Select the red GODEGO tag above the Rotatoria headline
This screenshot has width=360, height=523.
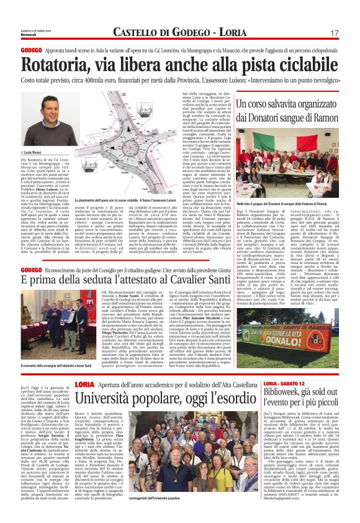(x=30, y=48)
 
